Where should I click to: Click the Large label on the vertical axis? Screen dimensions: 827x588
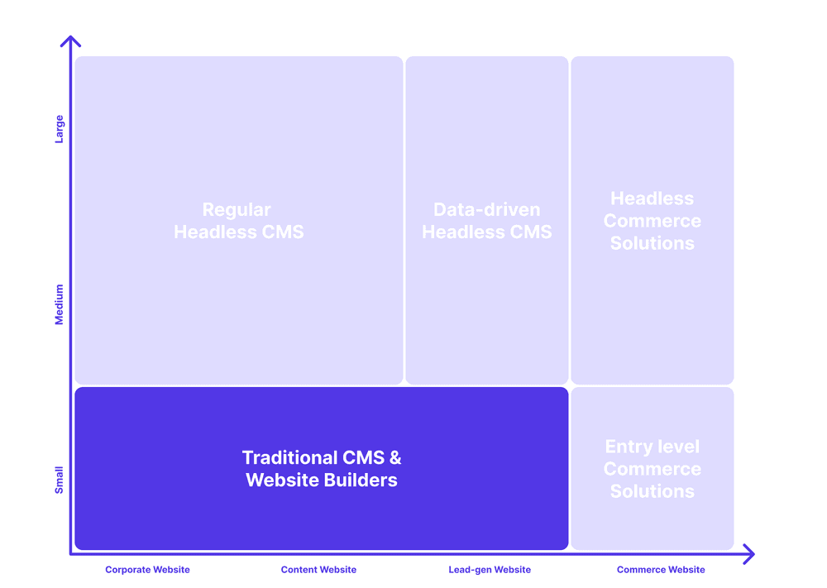[59, 129]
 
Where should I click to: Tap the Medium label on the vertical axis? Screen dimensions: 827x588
[59, 305]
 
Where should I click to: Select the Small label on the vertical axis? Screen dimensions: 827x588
[59, 480]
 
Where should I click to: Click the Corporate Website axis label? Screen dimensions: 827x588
[147, 570]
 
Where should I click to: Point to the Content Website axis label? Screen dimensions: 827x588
[318, 570]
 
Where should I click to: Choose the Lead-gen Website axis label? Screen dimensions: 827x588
[490, 570]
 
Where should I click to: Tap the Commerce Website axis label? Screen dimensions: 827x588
[661, 570]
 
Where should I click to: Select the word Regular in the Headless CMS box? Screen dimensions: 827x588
[237, 210]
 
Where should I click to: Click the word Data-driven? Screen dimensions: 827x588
[487, 210]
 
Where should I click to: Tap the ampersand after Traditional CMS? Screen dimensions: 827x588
[395, 457]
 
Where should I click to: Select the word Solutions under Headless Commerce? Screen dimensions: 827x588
[653, 243]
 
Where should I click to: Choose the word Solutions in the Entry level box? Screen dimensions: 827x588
[653, 491]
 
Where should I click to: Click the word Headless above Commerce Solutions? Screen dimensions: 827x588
[653, 198]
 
